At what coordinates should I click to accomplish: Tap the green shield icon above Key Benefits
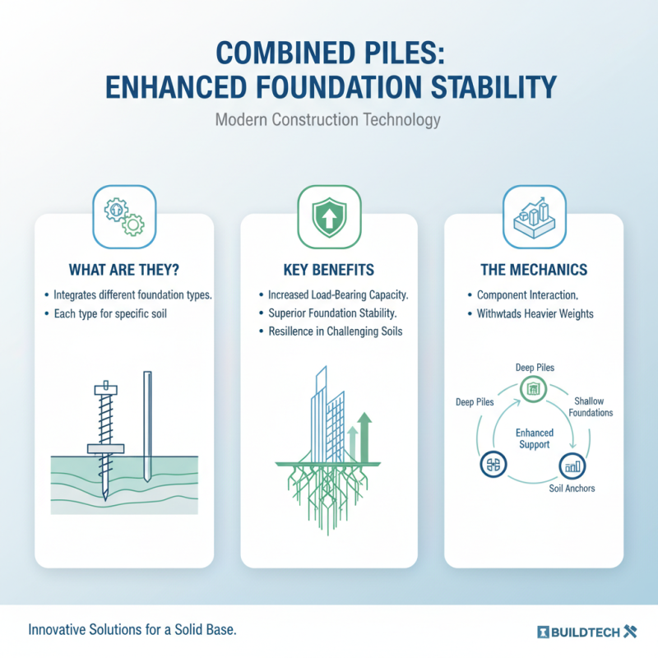[x=328, y=215]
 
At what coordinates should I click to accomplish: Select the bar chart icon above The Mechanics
[x=534, y=215]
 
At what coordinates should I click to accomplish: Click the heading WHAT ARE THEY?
[x=124, y=269]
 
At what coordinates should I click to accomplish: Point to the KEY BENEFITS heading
[x=328, y=269]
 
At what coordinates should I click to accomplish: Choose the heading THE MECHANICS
[x=534, y=269]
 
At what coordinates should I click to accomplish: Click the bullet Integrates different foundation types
[x=127, y=294]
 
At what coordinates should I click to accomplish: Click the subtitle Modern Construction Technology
[x=328, y=119]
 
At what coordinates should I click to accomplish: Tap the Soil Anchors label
[x=571, y=489]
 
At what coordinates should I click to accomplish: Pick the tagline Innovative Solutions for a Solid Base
[x=132, y=631]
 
